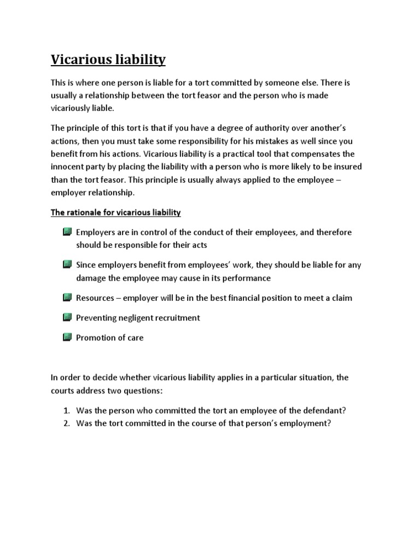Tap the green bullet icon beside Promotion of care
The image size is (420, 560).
67,337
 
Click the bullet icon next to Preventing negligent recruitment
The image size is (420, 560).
67,317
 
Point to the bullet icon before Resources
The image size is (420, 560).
67,297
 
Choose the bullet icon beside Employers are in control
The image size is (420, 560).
67,232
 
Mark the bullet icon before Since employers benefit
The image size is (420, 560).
67,265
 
